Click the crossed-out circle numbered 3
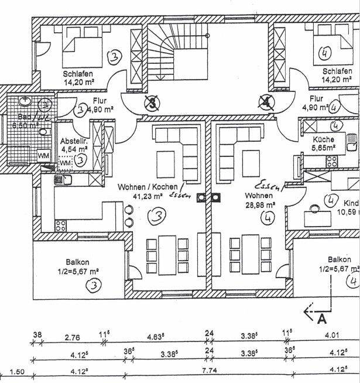point(152,104)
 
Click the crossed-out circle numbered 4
point(266,103)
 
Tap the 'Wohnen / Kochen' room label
point(143,187)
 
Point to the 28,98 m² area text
point(260,205)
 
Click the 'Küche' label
point(323,139)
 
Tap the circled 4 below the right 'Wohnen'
point(269,218)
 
